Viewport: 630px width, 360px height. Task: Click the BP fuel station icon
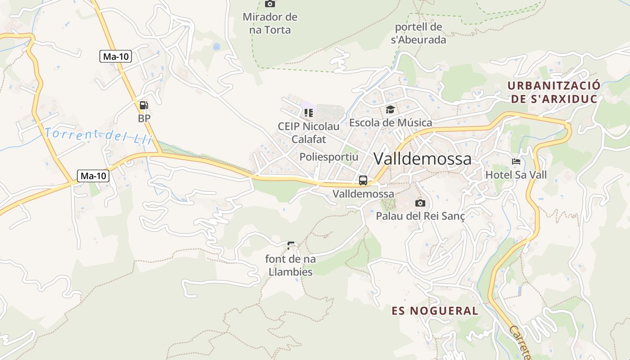point(144,106)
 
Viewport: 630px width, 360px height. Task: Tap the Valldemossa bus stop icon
point(363,180)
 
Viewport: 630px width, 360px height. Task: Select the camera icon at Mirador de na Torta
point(270,4)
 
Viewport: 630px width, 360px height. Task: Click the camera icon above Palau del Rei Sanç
point(420,203)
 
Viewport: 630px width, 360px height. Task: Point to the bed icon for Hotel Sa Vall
point(516,162)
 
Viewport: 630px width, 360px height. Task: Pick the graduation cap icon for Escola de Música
point(390,109)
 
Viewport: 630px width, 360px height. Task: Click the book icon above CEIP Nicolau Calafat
point(308,112)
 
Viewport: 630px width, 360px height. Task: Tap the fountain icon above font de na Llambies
point(291,246)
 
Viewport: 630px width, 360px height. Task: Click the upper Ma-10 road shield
point(116,56)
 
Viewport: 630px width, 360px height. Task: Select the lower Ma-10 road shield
point(93,175)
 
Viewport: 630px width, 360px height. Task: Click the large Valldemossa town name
point(423,158)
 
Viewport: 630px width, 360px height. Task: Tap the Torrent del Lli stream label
point(99,135)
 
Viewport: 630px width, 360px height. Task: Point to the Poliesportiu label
point(329,157)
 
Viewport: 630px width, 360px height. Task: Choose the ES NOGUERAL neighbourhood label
point(435,310)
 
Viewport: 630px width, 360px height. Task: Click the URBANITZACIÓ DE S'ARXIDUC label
point(554,92)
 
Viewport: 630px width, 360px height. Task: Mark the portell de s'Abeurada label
point(418,33)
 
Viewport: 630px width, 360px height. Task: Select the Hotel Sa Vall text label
point(516,175)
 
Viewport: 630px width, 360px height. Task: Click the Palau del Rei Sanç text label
point(420,216)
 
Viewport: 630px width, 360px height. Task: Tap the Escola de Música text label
point(391,122)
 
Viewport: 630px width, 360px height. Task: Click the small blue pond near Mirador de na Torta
point(216,46)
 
